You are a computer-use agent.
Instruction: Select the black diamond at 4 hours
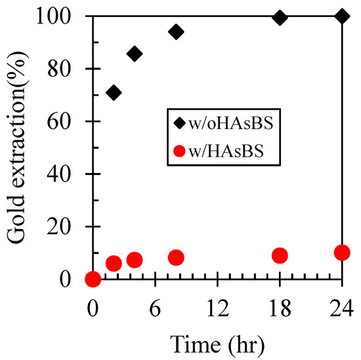click(x=135, y=54)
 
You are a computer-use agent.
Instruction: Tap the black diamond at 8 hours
click(x=176, y=31)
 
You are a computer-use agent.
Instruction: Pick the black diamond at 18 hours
click(x=280, y=18)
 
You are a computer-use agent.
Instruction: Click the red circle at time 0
click(x=93, y=279)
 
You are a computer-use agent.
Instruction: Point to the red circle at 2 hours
click(x=114, y=264)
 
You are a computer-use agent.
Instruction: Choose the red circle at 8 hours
click(x=176, y=258)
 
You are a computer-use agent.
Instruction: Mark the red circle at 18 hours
click(x=280, y=255)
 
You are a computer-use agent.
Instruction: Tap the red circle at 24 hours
click(x=341, y=252)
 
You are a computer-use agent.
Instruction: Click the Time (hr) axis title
click(x=217, y=342)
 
